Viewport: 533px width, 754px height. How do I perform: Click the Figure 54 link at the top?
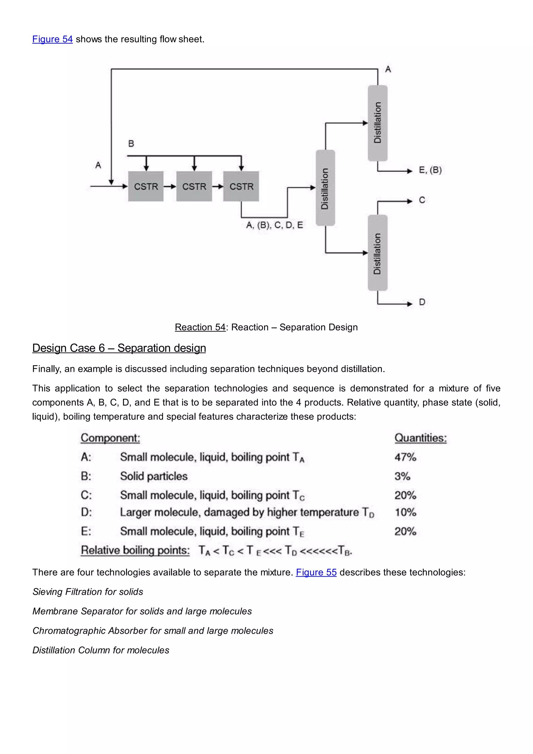[52, 39]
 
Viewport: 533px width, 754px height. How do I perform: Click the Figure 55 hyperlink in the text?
[316, 572]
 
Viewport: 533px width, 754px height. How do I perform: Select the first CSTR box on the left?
[146, 186]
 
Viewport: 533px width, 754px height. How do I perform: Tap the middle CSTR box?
[194, 186]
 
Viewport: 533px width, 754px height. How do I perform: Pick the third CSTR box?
[241, 186]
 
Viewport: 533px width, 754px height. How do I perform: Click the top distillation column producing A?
[377, 123]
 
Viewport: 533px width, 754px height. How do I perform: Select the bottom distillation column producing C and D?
[377, 253]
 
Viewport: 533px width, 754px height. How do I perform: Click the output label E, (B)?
[430, 170]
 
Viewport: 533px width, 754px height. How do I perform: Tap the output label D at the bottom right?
[422, 302]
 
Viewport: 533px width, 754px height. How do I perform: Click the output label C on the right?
[422, 200]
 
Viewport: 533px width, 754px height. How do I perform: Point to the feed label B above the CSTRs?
[131, 143]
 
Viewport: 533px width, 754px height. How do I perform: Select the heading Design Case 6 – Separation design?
[119, 348]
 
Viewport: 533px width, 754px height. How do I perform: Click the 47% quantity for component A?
[405, 457]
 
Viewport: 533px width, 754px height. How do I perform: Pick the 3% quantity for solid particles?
[402, 476]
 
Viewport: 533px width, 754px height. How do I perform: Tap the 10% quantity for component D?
[405, 512]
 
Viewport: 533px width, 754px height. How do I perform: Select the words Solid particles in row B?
[154, 476]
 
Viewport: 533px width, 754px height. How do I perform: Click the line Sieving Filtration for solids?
[88, 592]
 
